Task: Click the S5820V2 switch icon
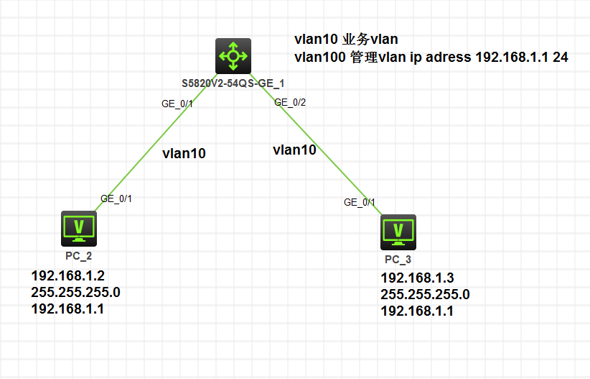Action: point(233,56)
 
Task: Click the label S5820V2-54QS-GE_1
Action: point(233,83)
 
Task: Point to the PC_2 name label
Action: point(78,255)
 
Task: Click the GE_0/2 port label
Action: point(290,103)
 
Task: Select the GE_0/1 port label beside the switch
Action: point(177,104)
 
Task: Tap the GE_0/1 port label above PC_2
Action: point(116,198)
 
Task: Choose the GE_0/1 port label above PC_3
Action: point(360,202)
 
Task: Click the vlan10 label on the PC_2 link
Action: point(184,152)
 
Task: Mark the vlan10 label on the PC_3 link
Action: point(294,150)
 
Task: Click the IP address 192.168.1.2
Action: point(68,276)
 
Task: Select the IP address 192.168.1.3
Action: point(417,278)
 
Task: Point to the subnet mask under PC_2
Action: point(75,293)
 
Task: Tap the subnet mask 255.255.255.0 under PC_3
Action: point(424,295)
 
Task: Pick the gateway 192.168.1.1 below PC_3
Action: point(416,311)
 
